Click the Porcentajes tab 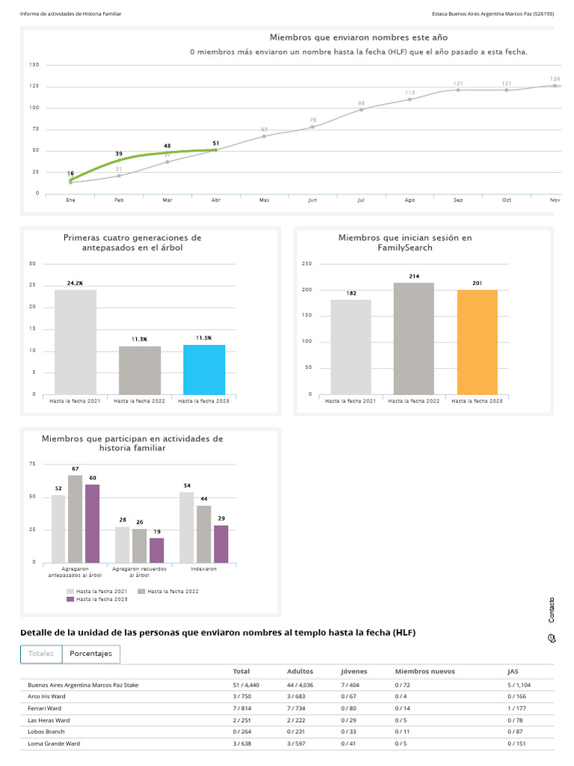point(90,654)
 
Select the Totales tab point(41,654)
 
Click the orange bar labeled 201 point(478,342)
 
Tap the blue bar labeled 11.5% point(204,370)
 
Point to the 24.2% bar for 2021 point(75,342)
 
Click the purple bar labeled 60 point(92,524)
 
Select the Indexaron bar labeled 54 point(186,527)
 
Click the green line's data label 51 point(216,143)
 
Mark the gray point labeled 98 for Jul point(361,109)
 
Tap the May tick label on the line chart point(264,200)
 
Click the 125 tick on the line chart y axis point(34,86)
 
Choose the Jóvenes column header point(354,672)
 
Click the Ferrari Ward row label point(44,708)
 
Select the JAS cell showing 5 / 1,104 point(519,685)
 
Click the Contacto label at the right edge point(552,610)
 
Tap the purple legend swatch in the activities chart point(70,599)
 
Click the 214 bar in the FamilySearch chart point(414,339)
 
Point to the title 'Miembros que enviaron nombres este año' point(359,37)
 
